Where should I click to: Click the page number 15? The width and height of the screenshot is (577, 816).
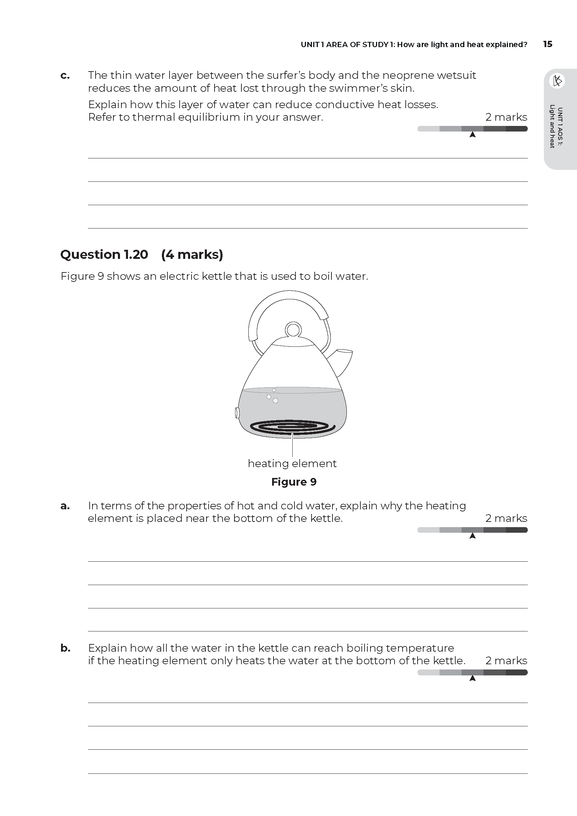click(x=547, y=44)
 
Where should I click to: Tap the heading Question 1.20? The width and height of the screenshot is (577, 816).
click(x=104, y=254)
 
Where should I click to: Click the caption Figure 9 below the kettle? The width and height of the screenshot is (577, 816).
click(x=293, y=482)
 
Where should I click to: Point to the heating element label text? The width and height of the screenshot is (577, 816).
click(x=292, y=463)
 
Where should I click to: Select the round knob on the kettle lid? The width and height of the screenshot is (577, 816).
click(x=293, y=330)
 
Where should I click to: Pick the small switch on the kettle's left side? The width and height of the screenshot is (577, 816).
click(x=237, y=413)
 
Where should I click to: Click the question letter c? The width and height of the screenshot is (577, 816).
click(x=65, y=76)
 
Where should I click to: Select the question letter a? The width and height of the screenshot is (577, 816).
click(x=65, y=506)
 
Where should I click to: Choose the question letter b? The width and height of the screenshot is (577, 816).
click(x=65, y=648)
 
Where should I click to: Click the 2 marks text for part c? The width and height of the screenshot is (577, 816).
click(x=506, y=117)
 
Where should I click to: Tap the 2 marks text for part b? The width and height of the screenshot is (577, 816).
click(x=506, y=660)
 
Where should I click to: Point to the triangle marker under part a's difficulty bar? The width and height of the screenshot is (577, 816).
click(x=472, y=536)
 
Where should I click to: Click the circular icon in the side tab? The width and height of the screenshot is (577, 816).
click(x=557, y=81)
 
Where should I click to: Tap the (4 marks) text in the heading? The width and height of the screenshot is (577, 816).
click(x=192, y=254)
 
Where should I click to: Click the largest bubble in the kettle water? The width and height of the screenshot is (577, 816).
click(x=275, y=401)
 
